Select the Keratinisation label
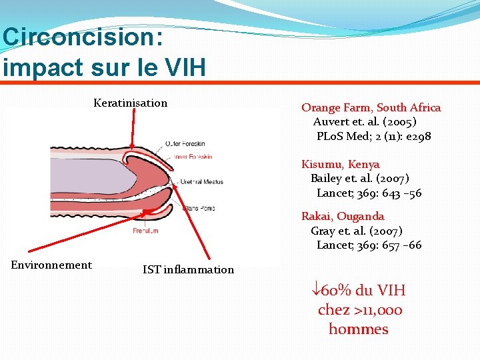(131, 103)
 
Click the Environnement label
(51, 265)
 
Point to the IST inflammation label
(188, 269)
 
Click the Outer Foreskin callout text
(187, 144)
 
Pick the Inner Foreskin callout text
(193, 157)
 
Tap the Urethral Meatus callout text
(201, 181)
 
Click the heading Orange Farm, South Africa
(371, 107)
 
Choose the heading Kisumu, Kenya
(340, 164)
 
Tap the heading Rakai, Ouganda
(343, 216)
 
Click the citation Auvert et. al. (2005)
(365, 122)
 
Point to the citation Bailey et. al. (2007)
(360, 179)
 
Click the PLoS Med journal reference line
(373, 137)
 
